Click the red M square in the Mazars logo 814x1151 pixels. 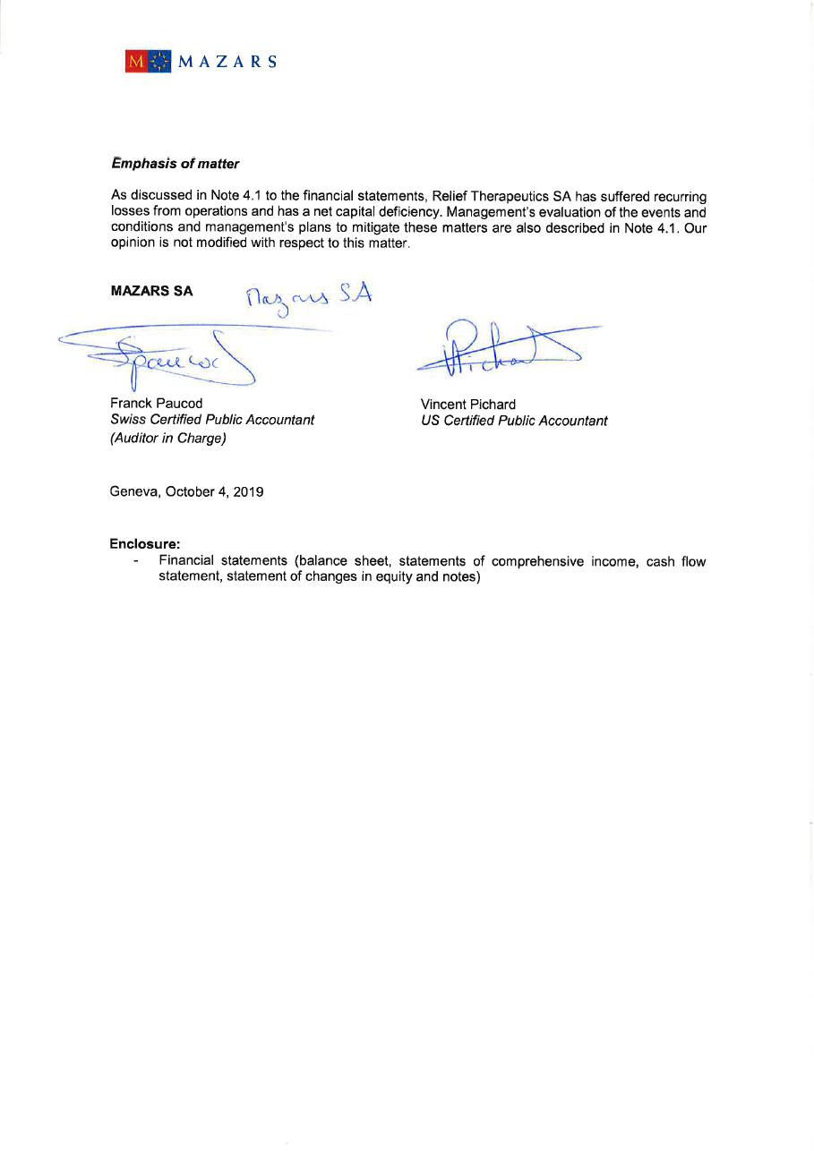tap(137, 61)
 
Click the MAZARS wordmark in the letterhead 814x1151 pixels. tap(227, 62)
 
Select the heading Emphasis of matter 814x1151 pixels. tap(176, 164)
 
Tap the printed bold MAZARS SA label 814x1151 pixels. tap(151, 291)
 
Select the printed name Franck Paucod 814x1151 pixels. tap(157, 404)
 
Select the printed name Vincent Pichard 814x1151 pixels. tap(468, 405)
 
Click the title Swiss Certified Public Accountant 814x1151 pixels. tap(212, 420)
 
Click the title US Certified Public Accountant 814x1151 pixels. tap(514, 421)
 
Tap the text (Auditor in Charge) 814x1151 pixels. tap(167, 439)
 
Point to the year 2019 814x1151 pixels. tap(248, 491)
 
